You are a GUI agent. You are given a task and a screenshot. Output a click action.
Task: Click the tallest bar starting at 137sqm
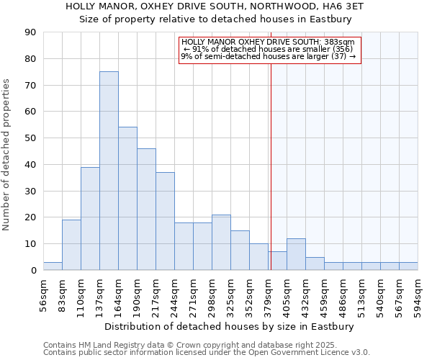[109, 171]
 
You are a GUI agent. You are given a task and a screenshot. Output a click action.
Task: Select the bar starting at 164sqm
[127, 198]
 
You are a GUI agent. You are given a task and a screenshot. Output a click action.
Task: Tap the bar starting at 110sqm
[90, 218]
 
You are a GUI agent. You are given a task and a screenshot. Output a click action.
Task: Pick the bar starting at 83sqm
[71, 245]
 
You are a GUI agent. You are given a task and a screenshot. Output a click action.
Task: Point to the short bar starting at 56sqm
[53, 266]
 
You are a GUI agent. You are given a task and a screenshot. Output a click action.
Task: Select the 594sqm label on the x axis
[418, 295]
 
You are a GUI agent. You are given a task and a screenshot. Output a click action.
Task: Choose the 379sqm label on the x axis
[269, 295]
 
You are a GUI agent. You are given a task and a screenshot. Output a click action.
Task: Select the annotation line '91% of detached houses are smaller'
[268, 49]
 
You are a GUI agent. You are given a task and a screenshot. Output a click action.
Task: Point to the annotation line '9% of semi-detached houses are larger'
[268, 56]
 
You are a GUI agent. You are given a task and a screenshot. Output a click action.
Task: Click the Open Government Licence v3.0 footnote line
[207, 353]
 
